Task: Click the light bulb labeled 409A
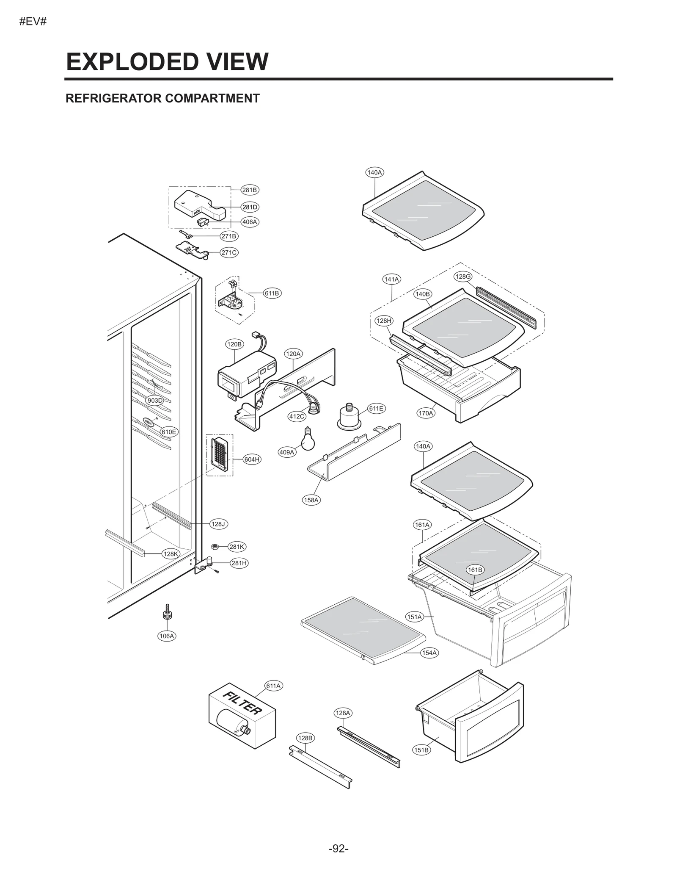pyautogui.click(x=308, y=440)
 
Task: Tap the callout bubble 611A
pyautogui.click(x=273, y=686)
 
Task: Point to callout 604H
pyautogui.click(x=252, y=459)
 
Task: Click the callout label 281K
pyautogui.click(x=237, y=547)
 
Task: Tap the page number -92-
pyautogui.click(x=338, y=848)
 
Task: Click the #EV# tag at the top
pyautogui.click(x=33, y=22)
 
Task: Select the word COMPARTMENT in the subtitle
pyautogui.click(x=212, y=98)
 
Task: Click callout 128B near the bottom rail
pyautogui.click(x=305, y=738)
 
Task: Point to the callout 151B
pyautogui.click(x=421, y=750)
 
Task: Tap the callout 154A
pyautogui.click(x=429, y=653)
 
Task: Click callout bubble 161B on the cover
pyautogui.click(x=475, y=570)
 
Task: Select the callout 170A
pyautogui.click(x=426, y=413)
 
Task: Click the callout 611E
pyautogui.click(x=376, y=408)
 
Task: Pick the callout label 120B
pyautogui.click(x=234, y=344)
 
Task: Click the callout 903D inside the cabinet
pyautogui.click(x=155, y=400)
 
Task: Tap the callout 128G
pyautogui.click(x=463, y=277)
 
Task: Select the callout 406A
pyautogui.click(x=250, y=222)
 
